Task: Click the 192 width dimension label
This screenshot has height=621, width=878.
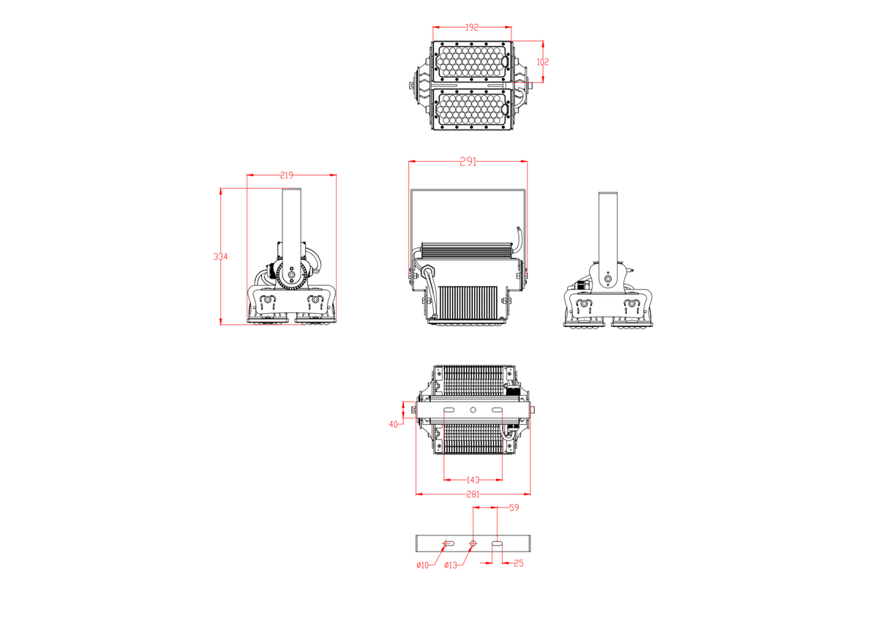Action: point(472,27)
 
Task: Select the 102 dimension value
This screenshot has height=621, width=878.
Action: point(542,62)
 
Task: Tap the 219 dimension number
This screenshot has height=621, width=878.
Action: point(286,175)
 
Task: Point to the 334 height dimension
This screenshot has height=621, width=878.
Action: point(220,257)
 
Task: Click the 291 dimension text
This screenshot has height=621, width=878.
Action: point(468,162)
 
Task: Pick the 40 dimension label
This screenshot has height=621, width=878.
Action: point(393,424)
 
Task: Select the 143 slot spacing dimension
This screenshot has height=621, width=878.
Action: point(473,480)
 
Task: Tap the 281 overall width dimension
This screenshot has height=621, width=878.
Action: point(473,494)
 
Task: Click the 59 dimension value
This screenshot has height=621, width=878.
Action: point(514,507)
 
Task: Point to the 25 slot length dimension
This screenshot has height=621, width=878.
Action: point(519,563)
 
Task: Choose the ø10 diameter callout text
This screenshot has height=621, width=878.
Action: point(422,565)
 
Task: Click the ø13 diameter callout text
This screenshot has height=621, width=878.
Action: point(450,565)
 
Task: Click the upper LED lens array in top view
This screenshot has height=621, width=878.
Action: point(472,63)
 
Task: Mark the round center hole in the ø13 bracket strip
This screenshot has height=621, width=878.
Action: point(473,543)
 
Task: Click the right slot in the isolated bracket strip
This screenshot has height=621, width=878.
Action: point(497,543)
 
